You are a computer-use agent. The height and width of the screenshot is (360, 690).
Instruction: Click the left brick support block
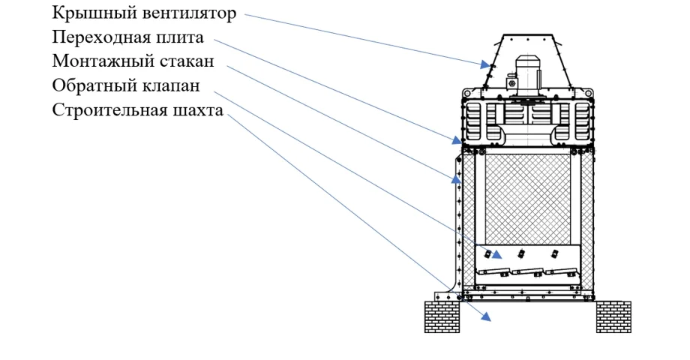point(442,316)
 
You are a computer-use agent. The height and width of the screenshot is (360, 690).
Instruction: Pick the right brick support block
point(613,316)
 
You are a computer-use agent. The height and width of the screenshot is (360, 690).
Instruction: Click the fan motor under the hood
point(528,75)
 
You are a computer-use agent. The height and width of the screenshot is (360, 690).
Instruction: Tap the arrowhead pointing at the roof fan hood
point(485,64)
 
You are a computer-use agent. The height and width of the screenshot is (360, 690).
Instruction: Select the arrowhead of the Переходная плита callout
point(456,140)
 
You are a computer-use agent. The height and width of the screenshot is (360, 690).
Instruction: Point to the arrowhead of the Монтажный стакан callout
point(456,178)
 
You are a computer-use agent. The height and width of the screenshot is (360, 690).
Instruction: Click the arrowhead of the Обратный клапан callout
point(496,255)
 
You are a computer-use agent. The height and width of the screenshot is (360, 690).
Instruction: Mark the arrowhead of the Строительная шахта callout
point(486,316)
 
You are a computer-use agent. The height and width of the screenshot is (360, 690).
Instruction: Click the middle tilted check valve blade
point(526,271)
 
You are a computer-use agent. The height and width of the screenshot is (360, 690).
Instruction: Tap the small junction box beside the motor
point(511,82)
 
